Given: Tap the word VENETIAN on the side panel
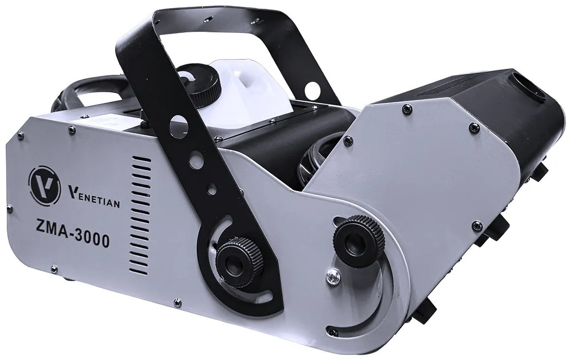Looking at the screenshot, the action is pos(94,197).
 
